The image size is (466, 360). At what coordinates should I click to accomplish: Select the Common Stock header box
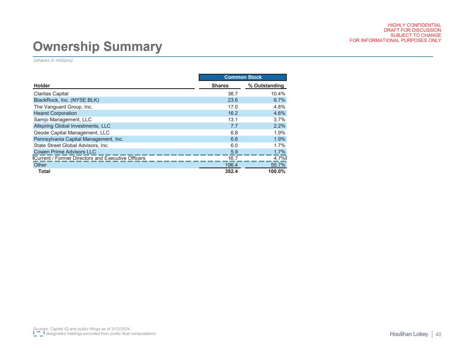click(x=243, y=77)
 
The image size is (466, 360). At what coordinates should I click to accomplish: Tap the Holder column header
click(x=42, y=86)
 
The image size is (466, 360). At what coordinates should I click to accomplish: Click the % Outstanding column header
click(x=266, y=86)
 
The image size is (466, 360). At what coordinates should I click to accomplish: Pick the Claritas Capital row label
click(x=51, y=93)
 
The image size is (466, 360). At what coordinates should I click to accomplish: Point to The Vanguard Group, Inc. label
click(x=63, y=107)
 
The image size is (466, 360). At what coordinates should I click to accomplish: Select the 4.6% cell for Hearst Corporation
click(x=278, y=113)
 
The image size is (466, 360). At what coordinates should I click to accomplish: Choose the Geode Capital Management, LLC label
click(x=71, y=133)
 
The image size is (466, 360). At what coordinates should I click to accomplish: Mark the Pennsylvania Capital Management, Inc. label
click(x=78, y=139)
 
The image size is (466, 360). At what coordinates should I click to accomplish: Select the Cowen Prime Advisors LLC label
click(x=65, y=152)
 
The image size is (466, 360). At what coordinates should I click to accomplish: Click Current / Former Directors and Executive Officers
click(x=89, y=158)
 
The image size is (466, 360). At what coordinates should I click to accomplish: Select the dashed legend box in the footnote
click(x=39, y=334)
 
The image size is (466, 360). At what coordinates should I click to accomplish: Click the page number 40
click(x=438, y=335)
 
